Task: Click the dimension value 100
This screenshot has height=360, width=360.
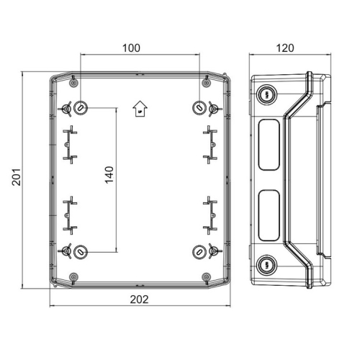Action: [x=131, y=48]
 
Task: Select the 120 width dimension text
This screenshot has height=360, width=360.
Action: [x=286, y=48]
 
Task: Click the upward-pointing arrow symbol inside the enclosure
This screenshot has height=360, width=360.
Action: [x=140, y=109]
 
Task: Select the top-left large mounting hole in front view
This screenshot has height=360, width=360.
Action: [x=81, y=108]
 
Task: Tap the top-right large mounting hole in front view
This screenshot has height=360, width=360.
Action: [x=199, y=108]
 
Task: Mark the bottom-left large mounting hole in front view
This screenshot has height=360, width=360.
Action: [x=81, y=252]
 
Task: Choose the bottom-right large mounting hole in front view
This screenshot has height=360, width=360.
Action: [x=199, y=252]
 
